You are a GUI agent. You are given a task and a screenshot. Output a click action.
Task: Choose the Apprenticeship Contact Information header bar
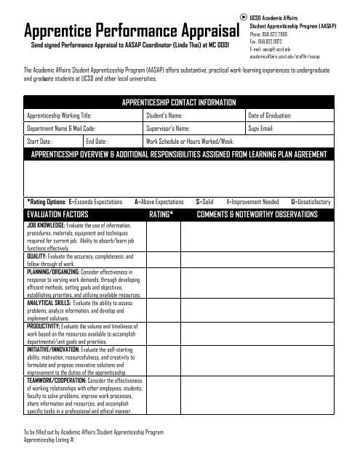[x=180, y=103]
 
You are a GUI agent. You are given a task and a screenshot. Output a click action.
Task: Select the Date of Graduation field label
[x=280, y=116]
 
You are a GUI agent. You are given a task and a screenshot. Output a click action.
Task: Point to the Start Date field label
[x=40, y=141]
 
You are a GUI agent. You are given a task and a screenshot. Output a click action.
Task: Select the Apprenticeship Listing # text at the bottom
[x=50, y=440]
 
